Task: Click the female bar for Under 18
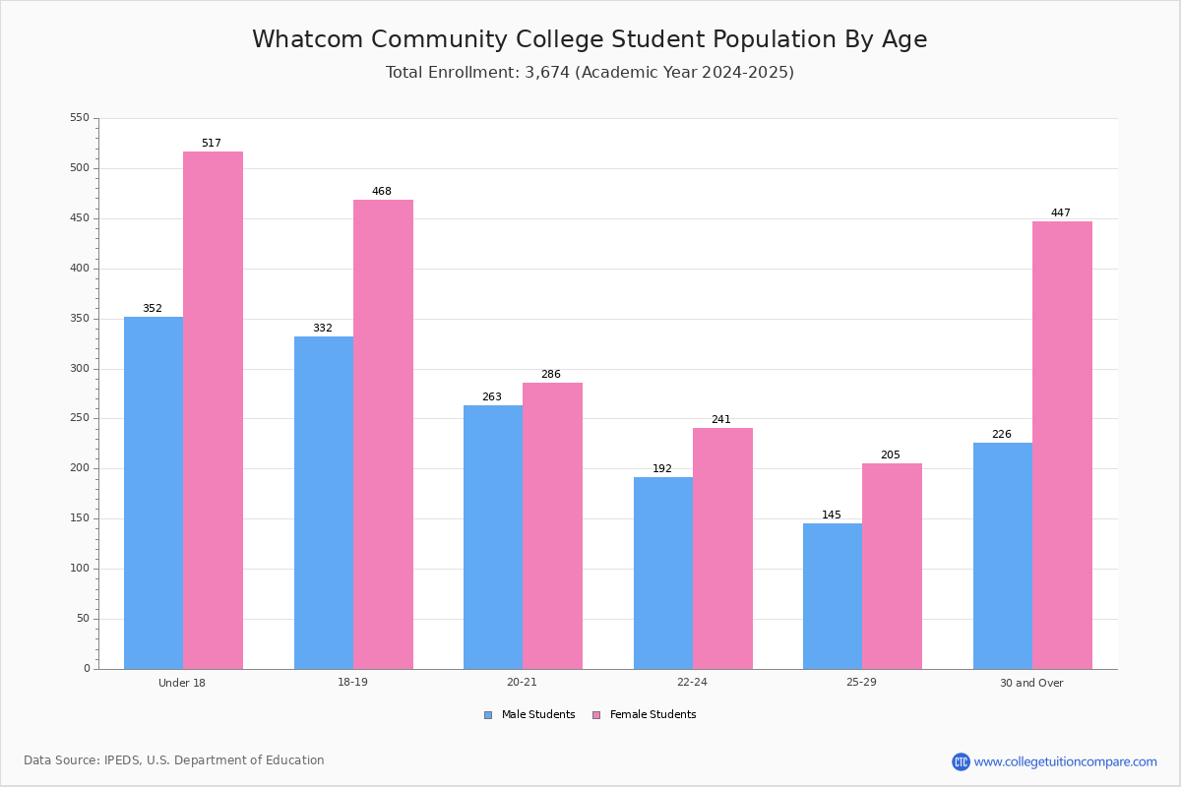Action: coord(213,410)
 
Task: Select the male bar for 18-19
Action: coord(324,503)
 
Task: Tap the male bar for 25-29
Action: coord(833,596)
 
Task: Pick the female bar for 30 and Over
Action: coord(1062,445)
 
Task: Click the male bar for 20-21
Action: coord(493,537)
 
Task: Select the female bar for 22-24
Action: coord(722,548)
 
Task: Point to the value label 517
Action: coord(212,144)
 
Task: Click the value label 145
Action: coord(832,515)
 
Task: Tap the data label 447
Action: coord(1060,213)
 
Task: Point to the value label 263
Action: coord(491,397)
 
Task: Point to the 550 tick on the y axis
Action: coord(80,118)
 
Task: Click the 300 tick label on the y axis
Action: coord(80,369)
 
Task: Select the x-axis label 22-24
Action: coord(692,683)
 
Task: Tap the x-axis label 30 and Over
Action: coord(1031,683)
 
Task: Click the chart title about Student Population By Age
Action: coord(590,39)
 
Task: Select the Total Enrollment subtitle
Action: coord(590,73)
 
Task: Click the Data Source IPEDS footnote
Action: coord(174,760)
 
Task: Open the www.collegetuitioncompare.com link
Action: coord(1065,761)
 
